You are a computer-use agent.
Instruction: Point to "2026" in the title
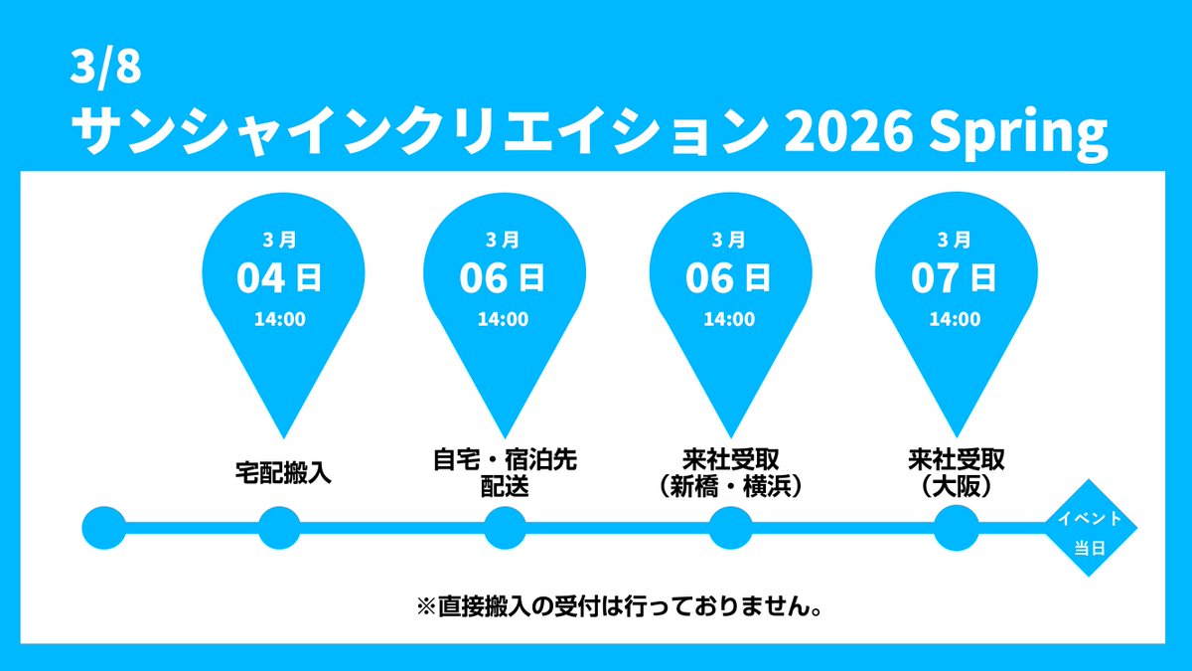[x=855, y=129]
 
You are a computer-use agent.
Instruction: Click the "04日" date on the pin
[x=279, y=278]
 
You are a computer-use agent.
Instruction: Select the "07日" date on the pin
[x=954, y=278]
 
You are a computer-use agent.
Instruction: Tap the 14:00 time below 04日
[x=279, y=320]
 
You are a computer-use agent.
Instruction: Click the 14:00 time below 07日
[x=954, y=320]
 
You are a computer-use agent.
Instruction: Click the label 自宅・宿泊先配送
[x=504, y=473]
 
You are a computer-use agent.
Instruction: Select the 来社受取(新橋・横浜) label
[x=729, y=473]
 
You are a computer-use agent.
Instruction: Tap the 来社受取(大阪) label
[x=955, y=473]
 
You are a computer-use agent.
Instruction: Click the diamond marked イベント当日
[x=1090, y=532]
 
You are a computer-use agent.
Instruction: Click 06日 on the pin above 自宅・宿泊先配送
[x=504, y=278]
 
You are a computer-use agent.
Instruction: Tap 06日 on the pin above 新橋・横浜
[x=729, y=278]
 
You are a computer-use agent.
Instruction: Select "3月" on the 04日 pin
[x=279, y=240]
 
